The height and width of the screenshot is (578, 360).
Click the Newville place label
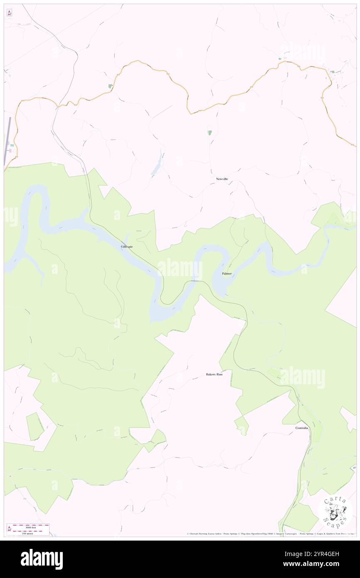pyautogui.click(x=222, y=179)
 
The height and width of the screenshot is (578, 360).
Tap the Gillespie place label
pyautogui.click(x=127, y=247)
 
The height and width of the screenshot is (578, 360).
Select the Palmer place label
pyautogui.click(x=227, y=274)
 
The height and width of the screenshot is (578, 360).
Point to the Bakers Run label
pyautogui.click(x=215, y=375)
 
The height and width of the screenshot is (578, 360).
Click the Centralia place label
pyautogui.click(x=302, y=428)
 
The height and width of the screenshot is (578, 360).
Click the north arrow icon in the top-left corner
pyautogui.click(x=9, y=13)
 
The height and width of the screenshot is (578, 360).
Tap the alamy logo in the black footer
pyautogui.click(x=42, y=559)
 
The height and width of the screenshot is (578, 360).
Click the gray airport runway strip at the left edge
pyautogui.click(x=7, y=141)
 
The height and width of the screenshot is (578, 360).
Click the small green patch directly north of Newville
pyautogui.click(x=210, y=133)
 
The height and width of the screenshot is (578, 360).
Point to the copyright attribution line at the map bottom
pyautogui.click(x=270, y=534)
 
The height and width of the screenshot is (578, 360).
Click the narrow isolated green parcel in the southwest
pyautogui.click(x=35, y=426)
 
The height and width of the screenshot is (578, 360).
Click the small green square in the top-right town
pyautogui.click(x=332, y=72)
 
